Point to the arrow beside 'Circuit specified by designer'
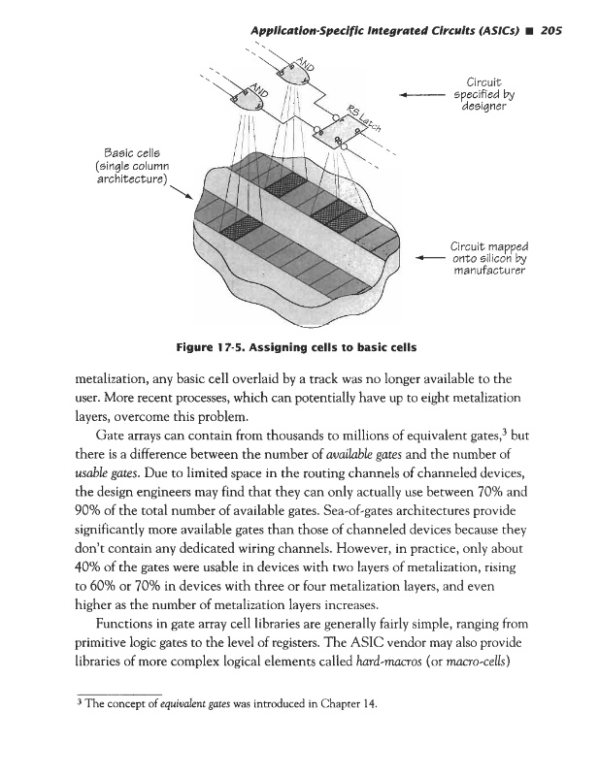419,95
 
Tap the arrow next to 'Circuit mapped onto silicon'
419,258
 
